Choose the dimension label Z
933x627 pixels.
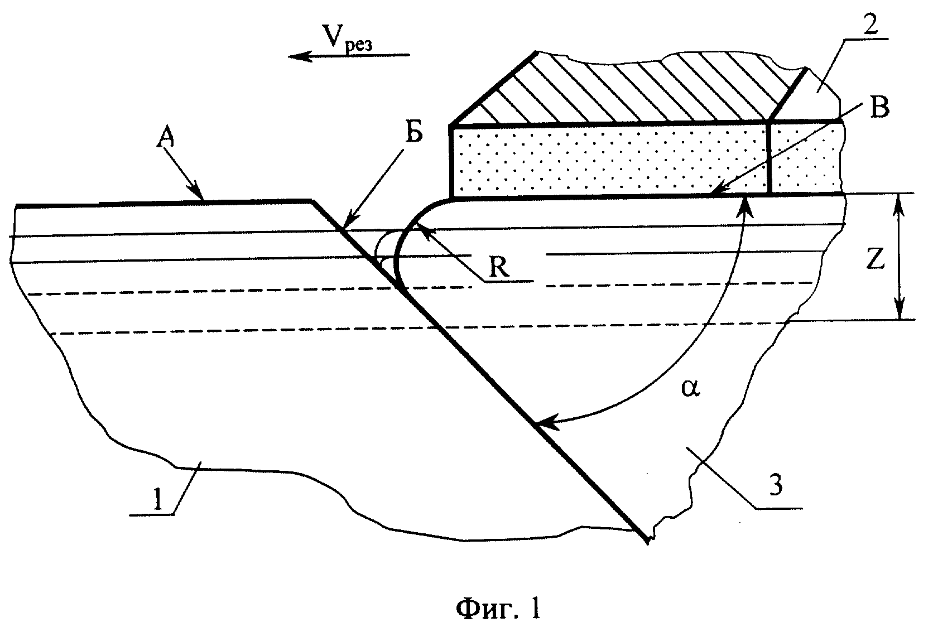(x=875, y=261)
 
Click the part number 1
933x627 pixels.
(x=157, y=500)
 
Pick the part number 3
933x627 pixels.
(x=776, y=484)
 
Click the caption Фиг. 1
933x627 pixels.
(x=498, y=607)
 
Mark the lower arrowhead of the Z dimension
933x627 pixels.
(x=900, y=310)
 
